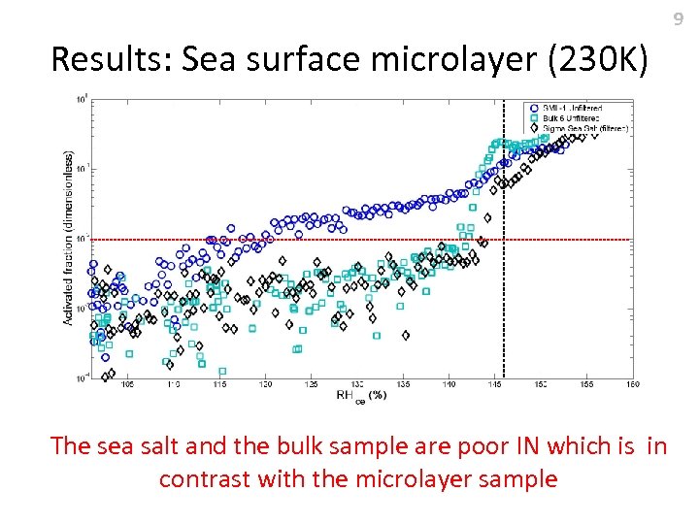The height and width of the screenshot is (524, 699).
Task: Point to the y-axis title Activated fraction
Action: (x=69, y=237)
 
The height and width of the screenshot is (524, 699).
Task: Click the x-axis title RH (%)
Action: (x=361, y=395)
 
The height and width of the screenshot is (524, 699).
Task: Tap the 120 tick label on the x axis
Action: (x=265, y=384)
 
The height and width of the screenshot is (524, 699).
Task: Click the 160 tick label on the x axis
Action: (x=632, y=384)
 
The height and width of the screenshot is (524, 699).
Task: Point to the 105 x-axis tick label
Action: (x=127, y=384)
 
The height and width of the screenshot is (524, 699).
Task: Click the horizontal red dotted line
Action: (x=291, y=239)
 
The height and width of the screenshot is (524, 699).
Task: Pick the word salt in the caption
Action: (x=153, y=446)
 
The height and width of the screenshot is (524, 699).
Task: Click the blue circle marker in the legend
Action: (x=533, y=107)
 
